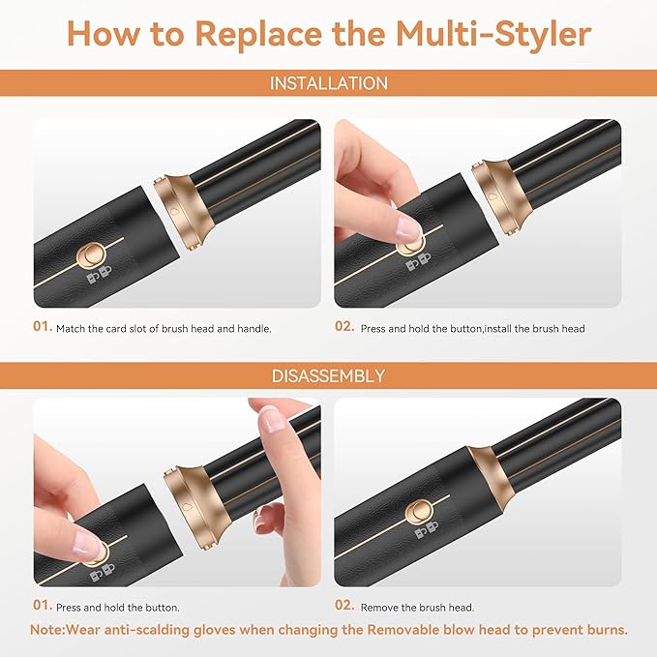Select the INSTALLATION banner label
(x=328, y=83)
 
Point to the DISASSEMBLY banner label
(x=328, y=375)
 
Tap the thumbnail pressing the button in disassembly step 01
(x=87, y=543)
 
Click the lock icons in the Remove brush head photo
(x=425, y=534)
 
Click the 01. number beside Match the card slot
(x=43, y=327)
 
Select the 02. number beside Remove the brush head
(x=345, y=606)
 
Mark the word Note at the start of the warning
(x=47, y=629)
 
